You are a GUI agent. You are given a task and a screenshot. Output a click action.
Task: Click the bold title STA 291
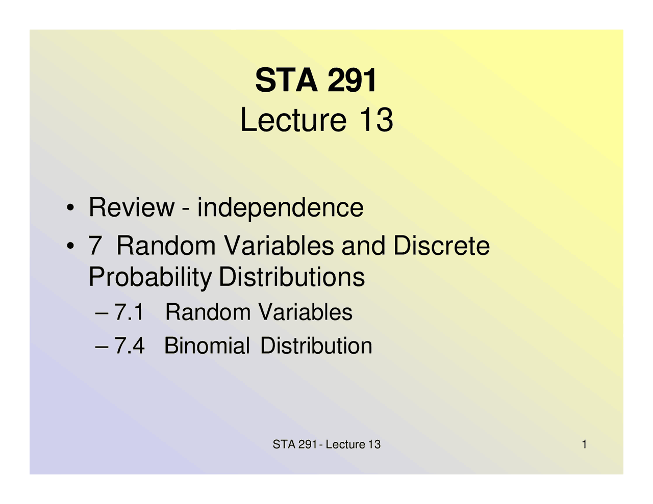(316, 80)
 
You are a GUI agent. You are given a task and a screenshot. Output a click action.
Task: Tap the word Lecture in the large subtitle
(293, 120)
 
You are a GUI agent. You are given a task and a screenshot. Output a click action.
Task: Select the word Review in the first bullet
(131, 207)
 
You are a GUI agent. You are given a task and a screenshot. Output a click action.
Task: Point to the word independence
(280, 207)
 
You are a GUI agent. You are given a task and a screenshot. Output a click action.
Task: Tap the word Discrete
(441, 246)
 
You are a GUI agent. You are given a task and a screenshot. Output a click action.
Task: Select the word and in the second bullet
(363, 246)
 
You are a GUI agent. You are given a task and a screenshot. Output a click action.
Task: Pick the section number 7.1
(129, 312)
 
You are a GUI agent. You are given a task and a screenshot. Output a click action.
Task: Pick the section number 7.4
(129, 346)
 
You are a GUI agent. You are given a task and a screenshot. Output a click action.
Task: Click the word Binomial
(207, 346)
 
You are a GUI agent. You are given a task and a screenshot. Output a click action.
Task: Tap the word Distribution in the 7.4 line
(316, 346)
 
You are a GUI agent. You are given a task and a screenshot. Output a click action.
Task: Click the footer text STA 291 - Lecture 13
(326, 444)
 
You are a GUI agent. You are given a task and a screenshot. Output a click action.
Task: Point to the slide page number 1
(584, 444)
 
